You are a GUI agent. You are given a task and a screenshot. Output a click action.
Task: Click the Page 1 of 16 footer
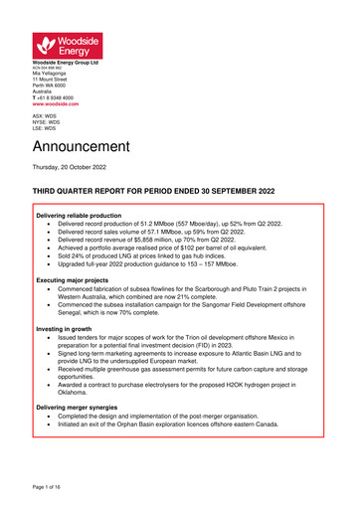click(52, 489)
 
